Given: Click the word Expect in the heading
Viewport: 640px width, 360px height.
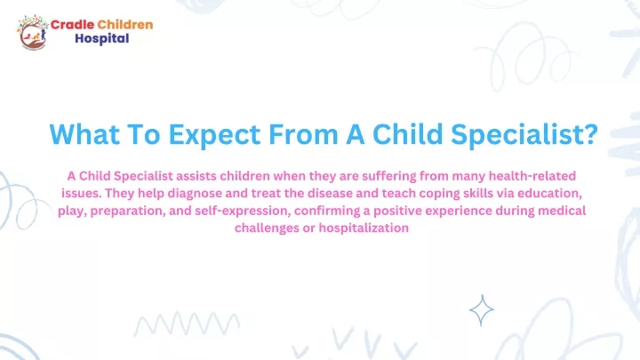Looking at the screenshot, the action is (214, 135).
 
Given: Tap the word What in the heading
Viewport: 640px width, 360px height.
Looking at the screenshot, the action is (84, 134).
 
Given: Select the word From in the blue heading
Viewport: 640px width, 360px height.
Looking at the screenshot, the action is (303, 134).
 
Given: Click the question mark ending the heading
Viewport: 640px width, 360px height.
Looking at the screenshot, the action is (590, 133).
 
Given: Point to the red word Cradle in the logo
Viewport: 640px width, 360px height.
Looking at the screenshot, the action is (72, 25).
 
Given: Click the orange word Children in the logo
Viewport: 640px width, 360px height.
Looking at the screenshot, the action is (125, 25).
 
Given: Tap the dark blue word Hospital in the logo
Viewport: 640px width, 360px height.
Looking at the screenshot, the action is (102, 39).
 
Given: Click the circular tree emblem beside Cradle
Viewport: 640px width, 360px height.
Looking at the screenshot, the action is (32, 33).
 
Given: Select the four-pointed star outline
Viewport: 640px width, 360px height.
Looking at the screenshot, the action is (482, 310).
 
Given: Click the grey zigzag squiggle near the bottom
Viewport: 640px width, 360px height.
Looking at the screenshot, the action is (187, 324).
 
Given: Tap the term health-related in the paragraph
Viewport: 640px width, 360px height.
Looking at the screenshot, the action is (532, 176).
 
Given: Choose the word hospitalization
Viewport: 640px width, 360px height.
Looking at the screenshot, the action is (364, 228).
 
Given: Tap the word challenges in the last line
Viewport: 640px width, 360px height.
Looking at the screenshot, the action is (267, 228).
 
